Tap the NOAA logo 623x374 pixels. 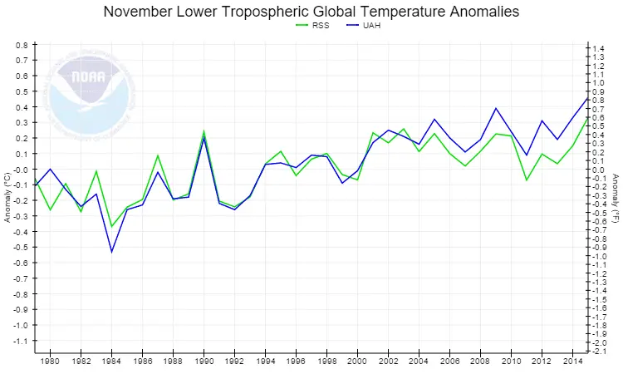pyautogui.click(x=89, y=91)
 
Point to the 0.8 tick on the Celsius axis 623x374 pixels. pyautogui.click(x=22, y=45)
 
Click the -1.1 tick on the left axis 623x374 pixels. pyautogui.click(x=22, y=341)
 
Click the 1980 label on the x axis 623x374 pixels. pyautogui.click(x=50, y=362)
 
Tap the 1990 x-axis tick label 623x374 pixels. pyautogui.click(x=204, y=362)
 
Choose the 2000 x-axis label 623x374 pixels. pyautogui.click(x=357, y=362)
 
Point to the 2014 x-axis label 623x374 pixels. pyautogui.click(x=572, y=362)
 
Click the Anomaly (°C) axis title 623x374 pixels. pyautogui.click(x=7, y=196)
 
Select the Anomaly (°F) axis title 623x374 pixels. pyautogui.click(x=616, y=196)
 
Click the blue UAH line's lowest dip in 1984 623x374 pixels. pyautogui.click(x=111, y=252)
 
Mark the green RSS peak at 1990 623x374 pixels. pyautogui.click(x=204, y=130)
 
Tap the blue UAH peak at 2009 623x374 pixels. pyautogui.click(x=496, y=108)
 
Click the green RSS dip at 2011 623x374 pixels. pyautogui.click(x=527, y=180)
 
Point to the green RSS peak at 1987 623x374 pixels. pyautogui.click(x=158, y=155)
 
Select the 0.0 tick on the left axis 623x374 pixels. pyautogui.click(x=22, y=170)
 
